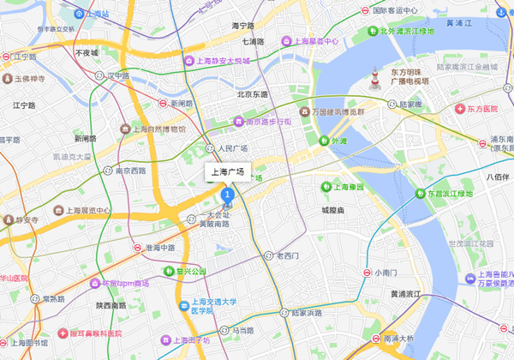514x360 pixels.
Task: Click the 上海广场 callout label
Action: [x=228, y=172]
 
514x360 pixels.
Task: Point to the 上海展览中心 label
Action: [x=84, y=210]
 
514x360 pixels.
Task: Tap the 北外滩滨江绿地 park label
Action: [x=402, y=32]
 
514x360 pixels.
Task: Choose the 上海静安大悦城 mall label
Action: [x=218, y=61]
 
